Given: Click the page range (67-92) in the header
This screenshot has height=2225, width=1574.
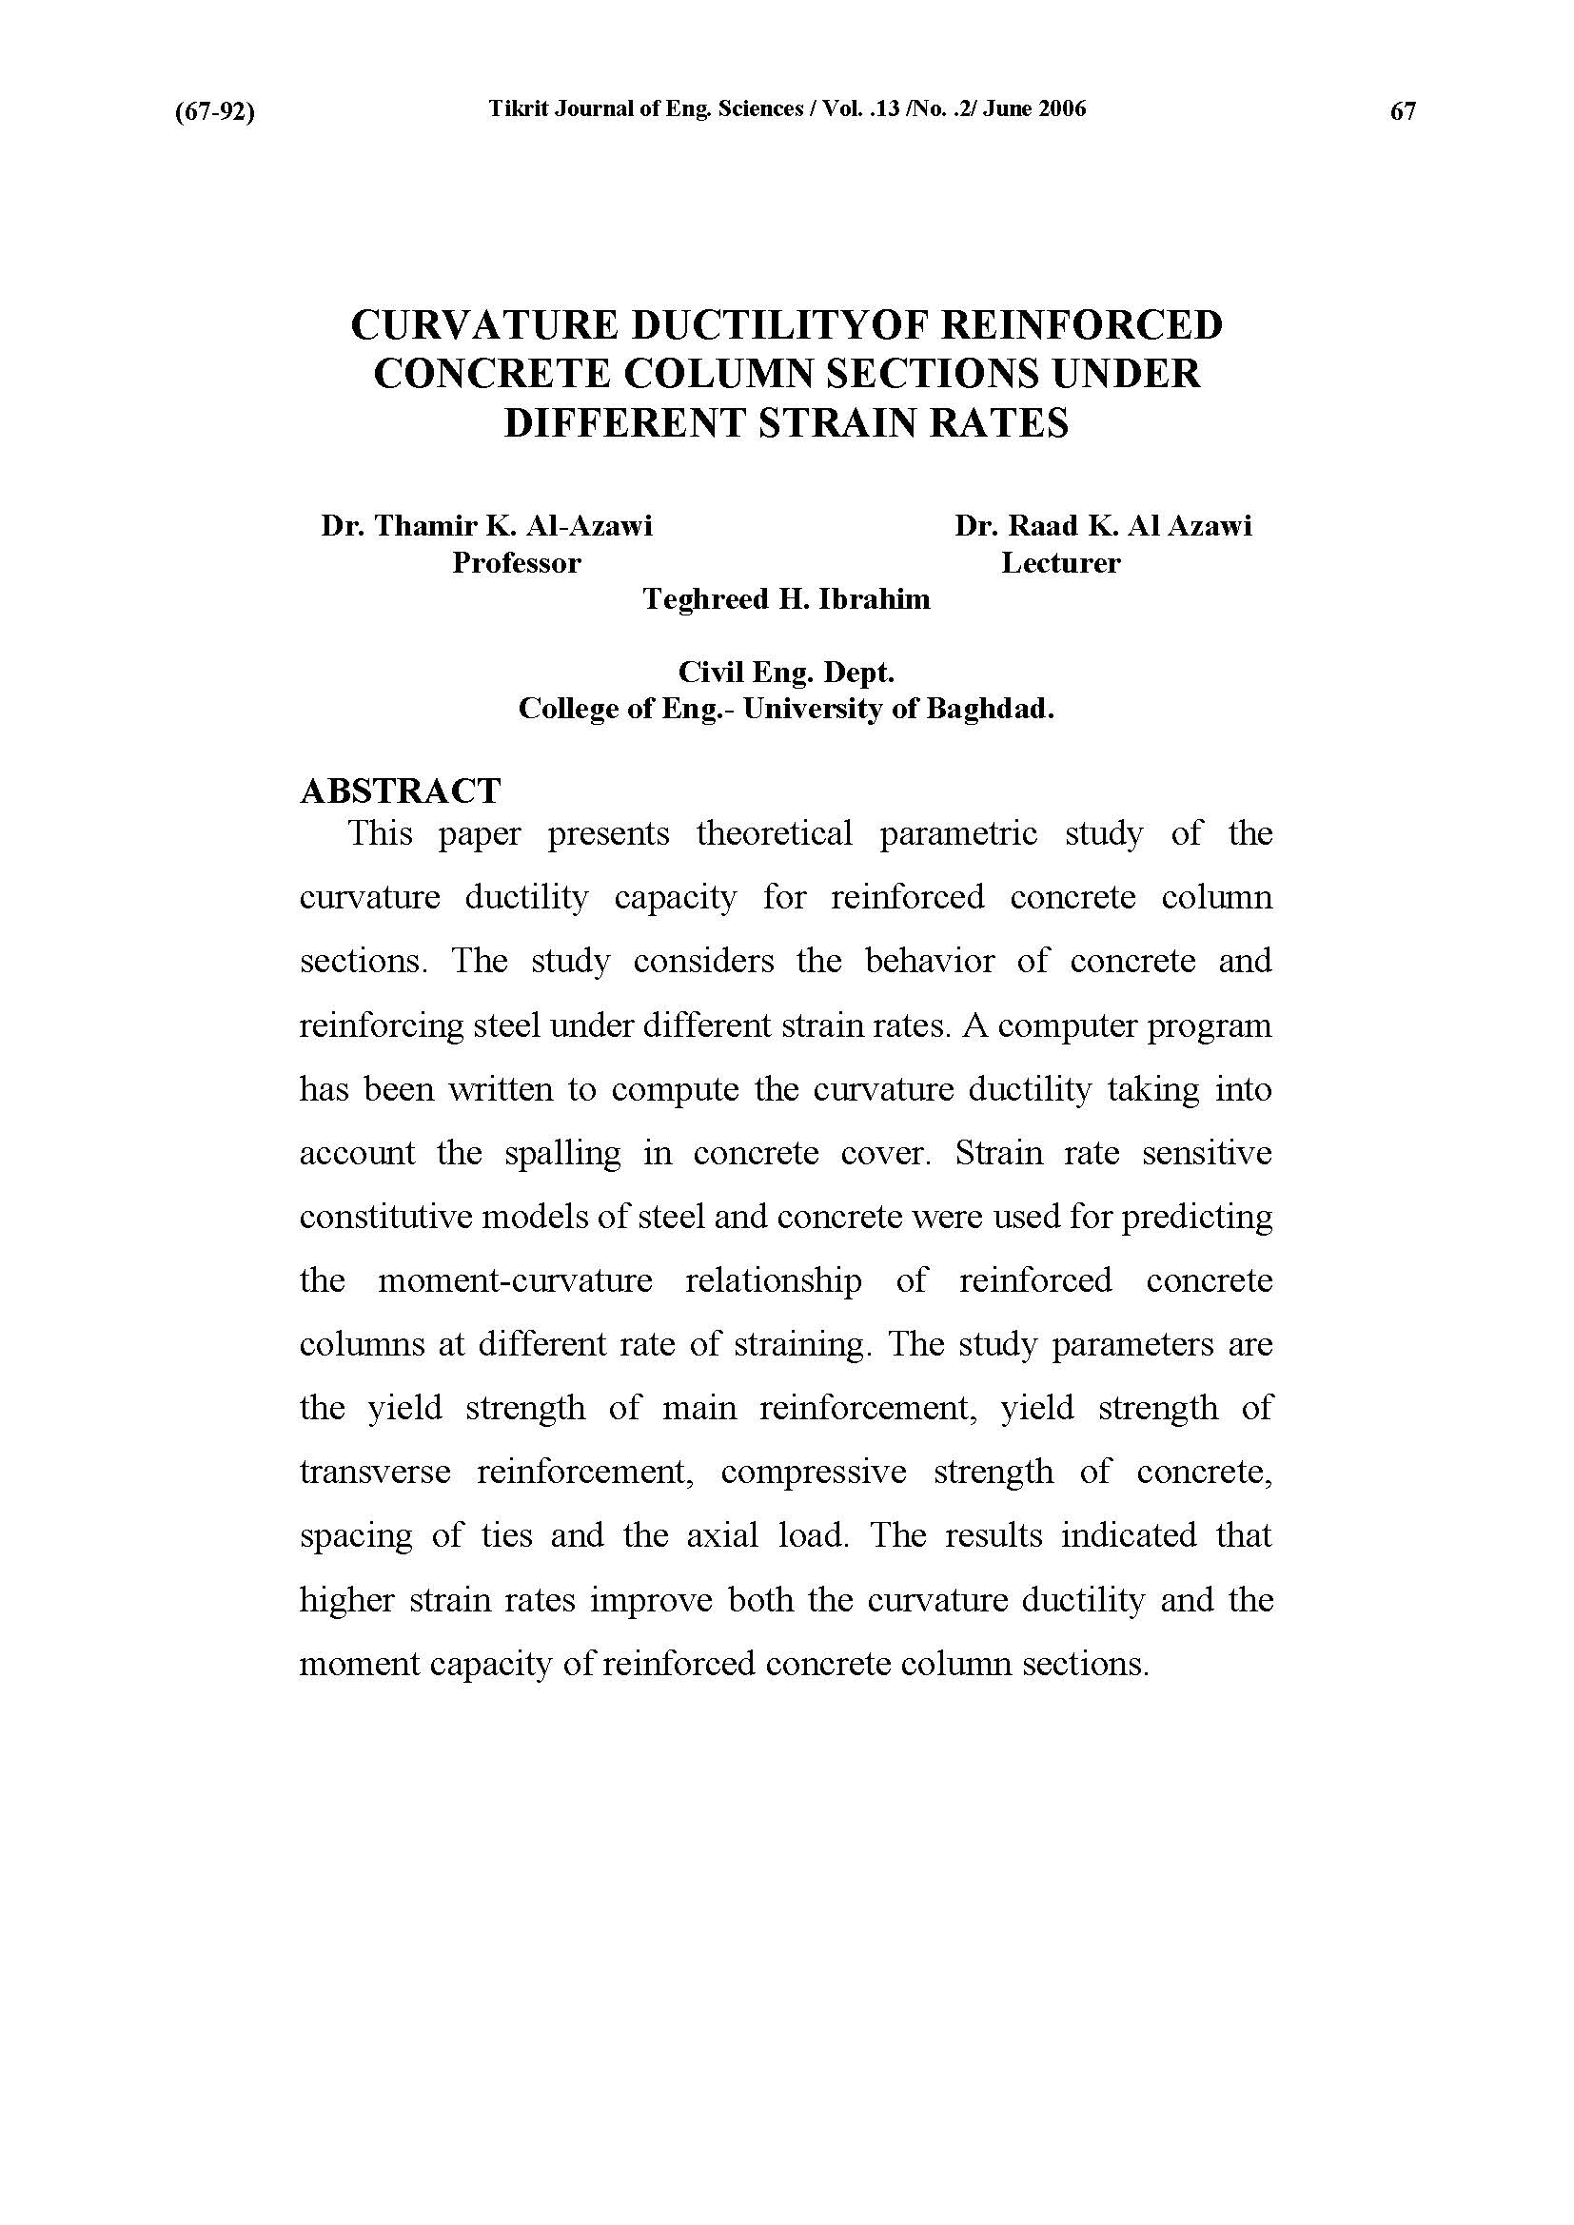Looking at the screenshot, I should pyautogui.click(x=214, y=112).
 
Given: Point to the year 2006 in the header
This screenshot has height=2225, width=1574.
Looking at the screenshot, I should pyautogui.click(x=1062, y=109).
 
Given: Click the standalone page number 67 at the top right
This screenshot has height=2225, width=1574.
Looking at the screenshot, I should pyautogui.click(x=1403, y=112).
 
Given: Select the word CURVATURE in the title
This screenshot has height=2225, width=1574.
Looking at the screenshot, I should pyautogui.click(x=482, y=325).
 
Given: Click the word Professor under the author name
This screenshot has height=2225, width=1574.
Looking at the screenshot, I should pyautogui.click(x=517, y=563).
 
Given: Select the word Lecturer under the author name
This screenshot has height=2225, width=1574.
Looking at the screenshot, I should pyautogui.click(x=1060, y=563).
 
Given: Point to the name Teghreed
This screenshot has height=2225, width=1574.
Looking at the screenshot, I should pyautogui.click(x=705, y=600).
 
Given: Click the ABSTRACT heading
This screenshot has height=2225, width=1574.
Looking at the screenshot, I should pyautogui.click(x=401, y=790).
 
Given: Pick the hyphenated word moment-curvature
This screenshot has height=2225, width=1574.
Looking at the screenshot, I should pyautogui.click(x=515, y=1281).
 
